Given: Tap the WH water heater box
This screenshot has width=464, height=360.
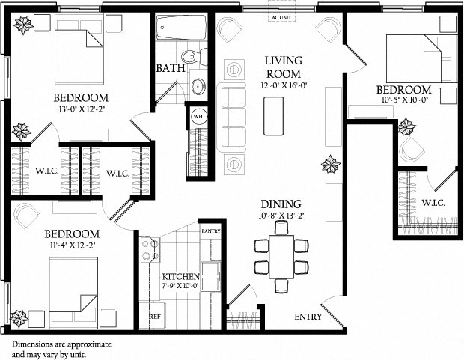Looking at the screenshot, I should coord(198,116).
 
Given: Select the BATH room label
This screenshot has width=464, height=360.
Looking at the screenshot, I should coord(169,68).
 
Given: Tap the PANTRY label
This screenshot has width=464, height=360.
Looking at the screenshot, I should coord(211,232).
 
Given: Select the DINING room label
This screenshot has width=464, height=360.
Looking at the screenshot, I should coord(281,204).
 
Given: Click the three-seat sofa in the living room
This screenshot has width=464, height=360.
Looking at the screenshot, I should coord(233,118).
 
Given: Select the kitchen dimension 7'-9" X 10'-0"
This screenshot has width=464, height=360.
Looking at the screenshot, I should coord(181,284).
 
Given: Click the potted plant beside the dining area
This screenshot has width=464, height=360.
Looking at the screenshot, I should coord(330,164).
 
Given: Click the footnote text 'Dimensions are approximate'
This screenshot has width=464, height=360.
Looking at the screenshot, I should coord(61,343).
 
